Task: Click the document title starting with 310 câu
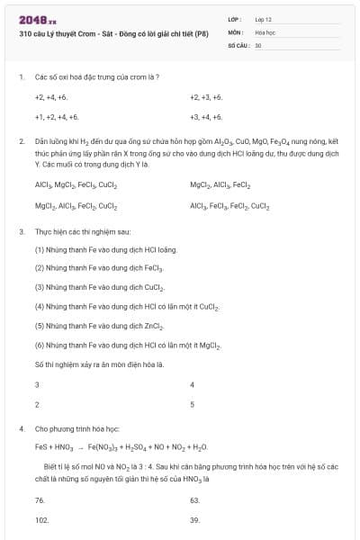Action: coord(113,33)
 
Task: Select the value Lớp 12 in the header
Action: coord(264,19)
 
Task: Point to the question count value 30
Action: coord(258,44)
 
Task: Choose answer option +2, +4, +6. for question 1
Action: coord(51,96)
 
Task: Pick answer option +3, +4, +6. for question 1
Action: coord(206,117)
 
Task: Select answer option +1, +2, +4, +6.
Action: coord(57,117)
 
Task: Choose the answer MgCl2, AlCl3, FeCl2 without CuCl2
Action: coord(220,184)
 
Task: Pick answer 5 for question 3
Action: coord(193,404)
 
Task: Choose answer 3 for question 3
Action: coord(37,384)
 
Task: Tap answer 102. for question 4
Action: coord(41,519)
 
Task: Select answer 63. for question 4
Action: coord(195,499)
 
